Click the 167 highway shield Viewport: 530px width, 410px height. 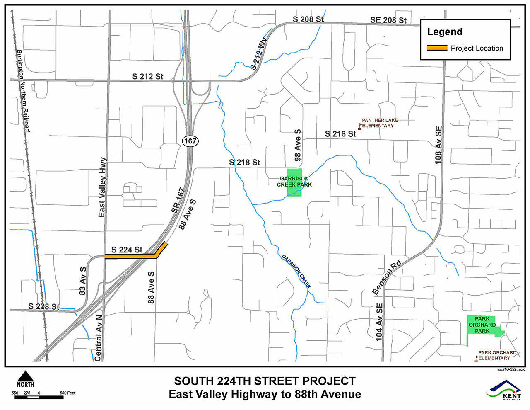click(x=190, y=141)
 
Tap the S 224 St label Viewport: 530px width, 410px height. click(x=127, y=250)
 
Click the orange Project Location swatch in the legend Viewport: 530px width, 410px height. click(x=437, y=48)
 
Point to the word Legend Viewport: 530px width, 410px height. click(x=445, y=32)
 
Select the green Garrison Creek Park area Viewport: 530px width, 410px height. click(x=294, y=182)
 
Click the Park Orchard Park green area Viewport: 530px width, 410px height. click(x=482, y=325)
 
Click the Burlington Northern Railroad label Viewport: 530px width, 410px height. click(x=23, y=91)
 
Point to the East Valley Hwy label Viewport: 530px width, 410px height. click(x=102, y=187)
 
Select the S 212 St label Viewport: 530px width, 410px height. click(x=148, y=76)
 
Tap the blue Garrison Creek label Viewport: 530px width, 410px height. click(x=296, y=272)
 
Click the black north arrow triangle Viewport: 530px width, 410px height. click(x=25, y=376)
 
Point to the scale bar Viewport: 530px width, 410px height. click(x=39, y=398)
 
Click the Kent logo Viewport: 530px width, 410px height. click(x=505, y=390)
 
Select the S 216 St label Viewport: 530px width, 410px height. click(x=340, y=134)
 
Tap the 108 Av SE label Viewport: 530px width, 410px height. click(x=439, y=145)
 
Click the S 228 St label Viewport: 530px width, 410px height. click(x=44, y=306)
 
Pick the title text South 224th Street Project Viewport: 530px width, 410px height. click(x=265, y=381)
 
